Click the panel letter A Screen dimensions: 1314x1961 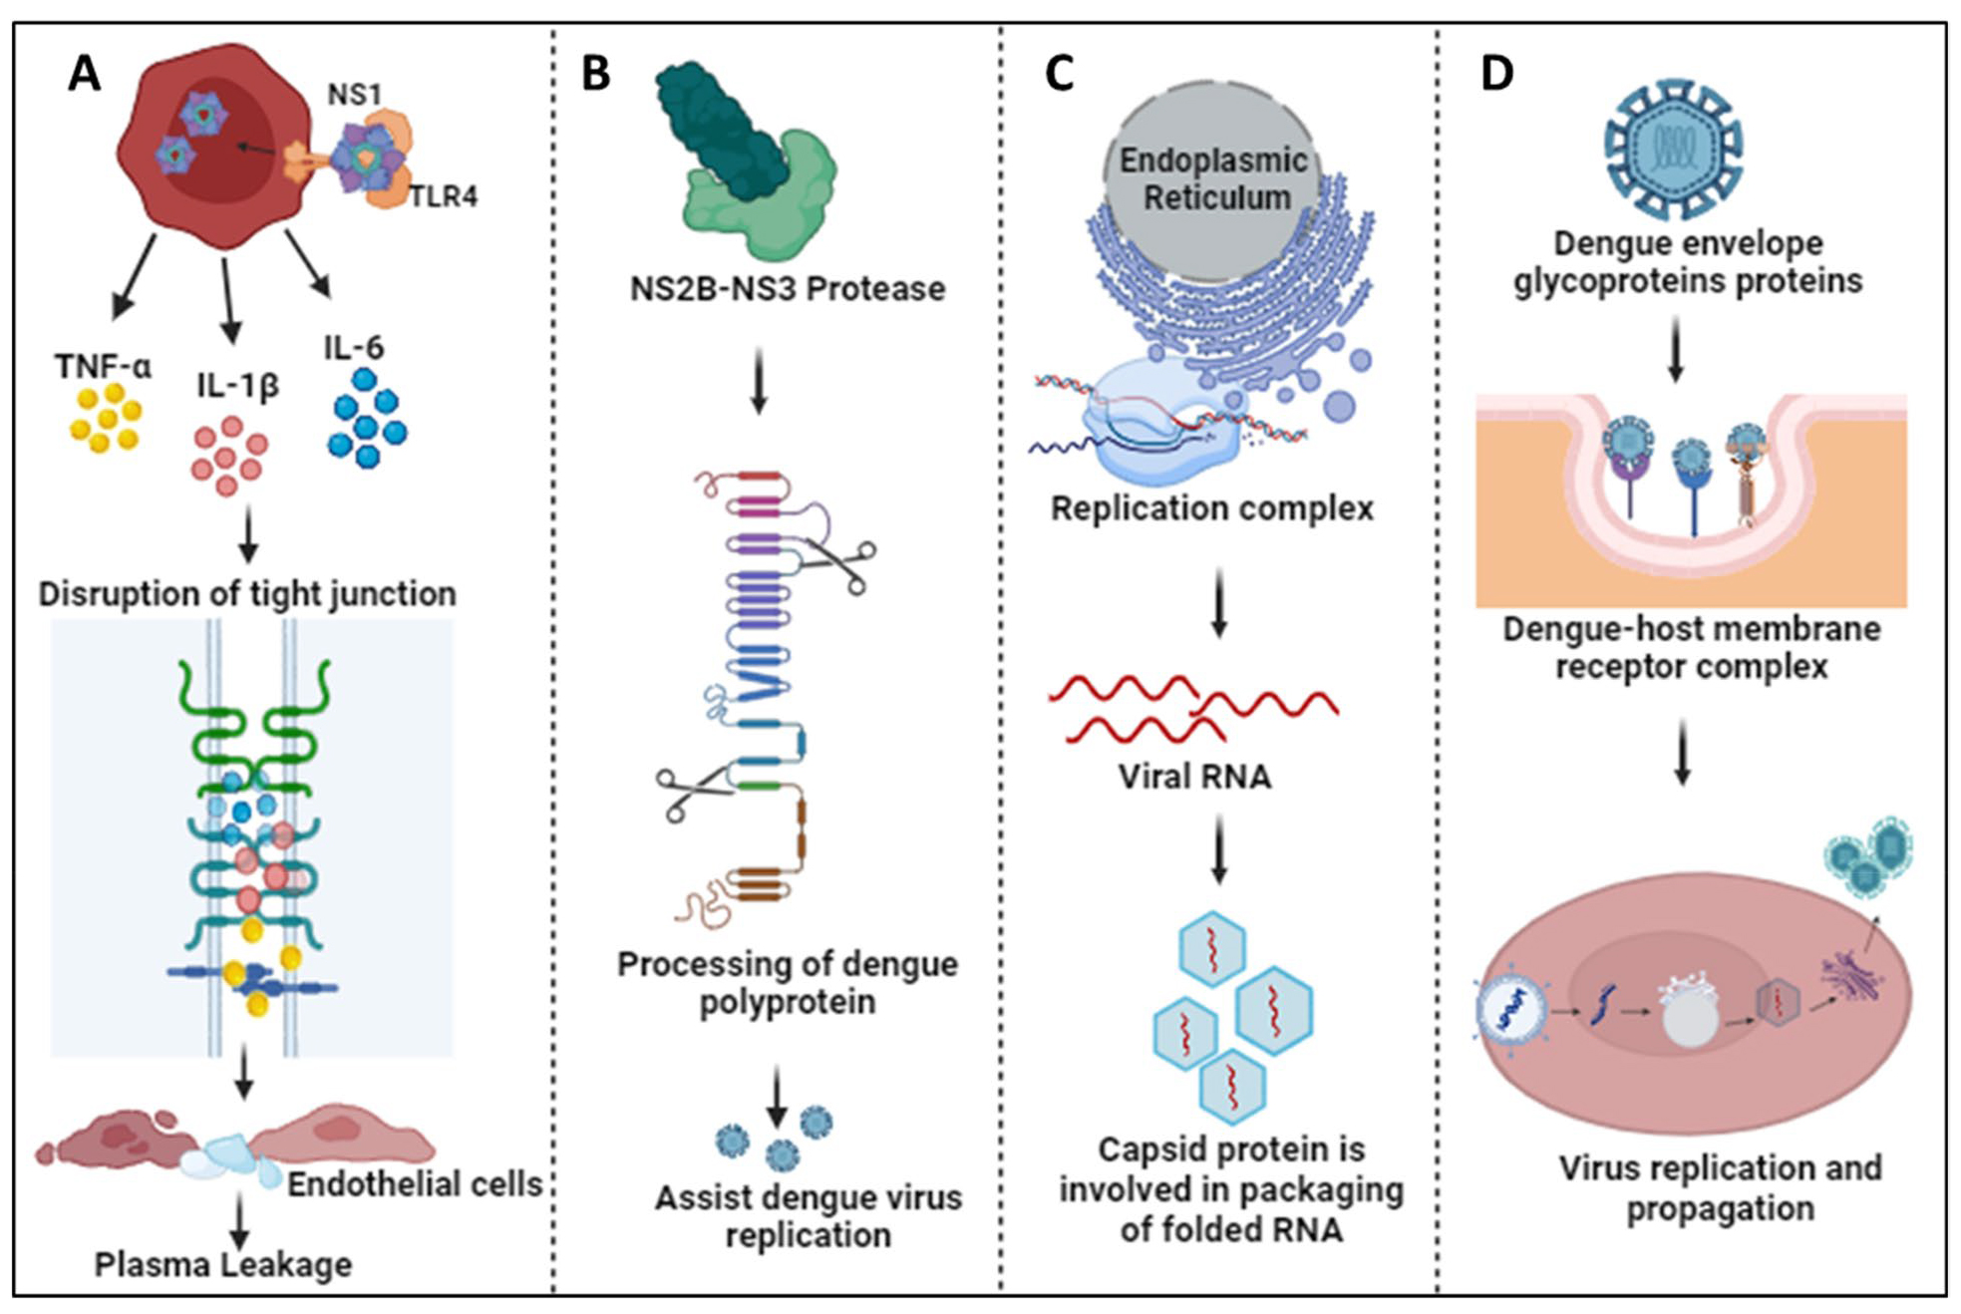[85, 73]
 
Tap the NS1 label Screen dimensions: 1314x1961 [354, 95]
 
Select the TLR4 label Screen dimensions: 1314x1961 [444, 196]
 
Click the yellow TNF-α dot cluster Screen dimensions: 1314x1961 [106, 418]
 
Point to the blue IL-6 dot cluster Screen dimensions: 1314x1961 [367, 418]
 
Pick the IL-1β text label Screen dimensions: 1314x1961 [237, 385]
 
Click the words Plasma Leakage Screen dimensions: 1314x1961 [223, 1264]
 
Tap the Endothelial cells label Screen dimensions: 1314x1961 [415, 1183]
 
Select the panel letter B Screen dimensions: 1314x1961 [595, 73]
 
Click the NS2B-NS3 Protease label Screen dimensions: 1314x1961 [788, 288]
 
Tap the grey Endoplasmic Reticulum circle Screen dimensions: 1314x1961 [1212, 179]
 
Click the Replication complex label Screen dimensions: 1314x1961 [1212, 508]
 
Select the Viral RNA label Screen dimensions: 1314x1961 [1194, 776]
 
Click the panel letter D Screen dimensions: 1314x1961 [1496, 73]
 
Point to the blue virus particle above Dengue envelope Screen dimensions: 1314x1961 [1673, 150]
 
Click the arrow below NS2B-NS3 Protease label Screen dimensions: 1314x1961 [759, 380]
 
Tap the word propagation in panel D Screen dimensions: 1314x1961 [1720, 1208]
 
